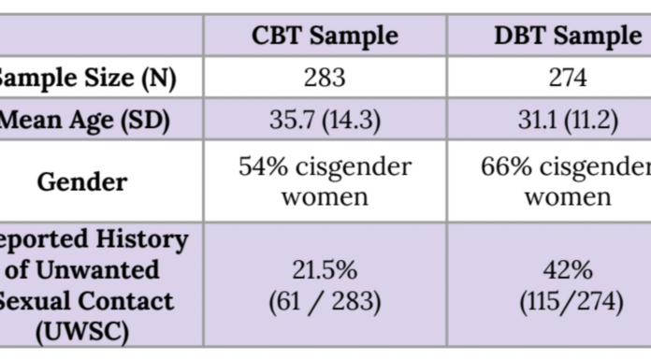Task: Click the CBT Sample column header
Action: pos(325,36)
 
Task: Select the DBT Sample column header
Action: pos(567,36)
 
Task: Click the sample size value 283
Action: pos(325,78)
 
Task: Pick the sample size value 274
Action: pos(567,78)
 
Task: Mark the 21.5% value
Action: pos(325,271)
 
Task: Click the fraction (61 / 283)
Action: pos(325,301)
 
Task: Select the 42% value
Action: pos(567,271)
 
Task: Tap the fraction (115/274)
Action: pos(567,301)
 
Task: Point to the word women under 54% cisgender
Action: pos(325,196)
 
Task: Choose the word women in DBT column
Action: pos(567,196)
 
